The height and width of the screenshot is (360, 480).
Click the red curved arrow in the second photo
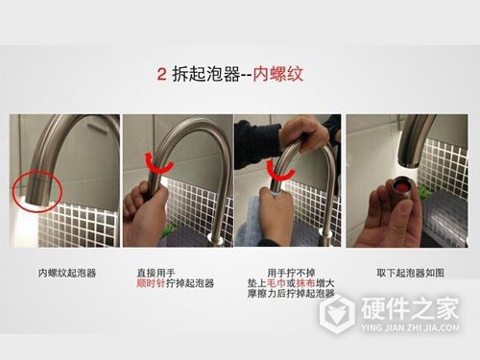[x=155, y=159]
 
